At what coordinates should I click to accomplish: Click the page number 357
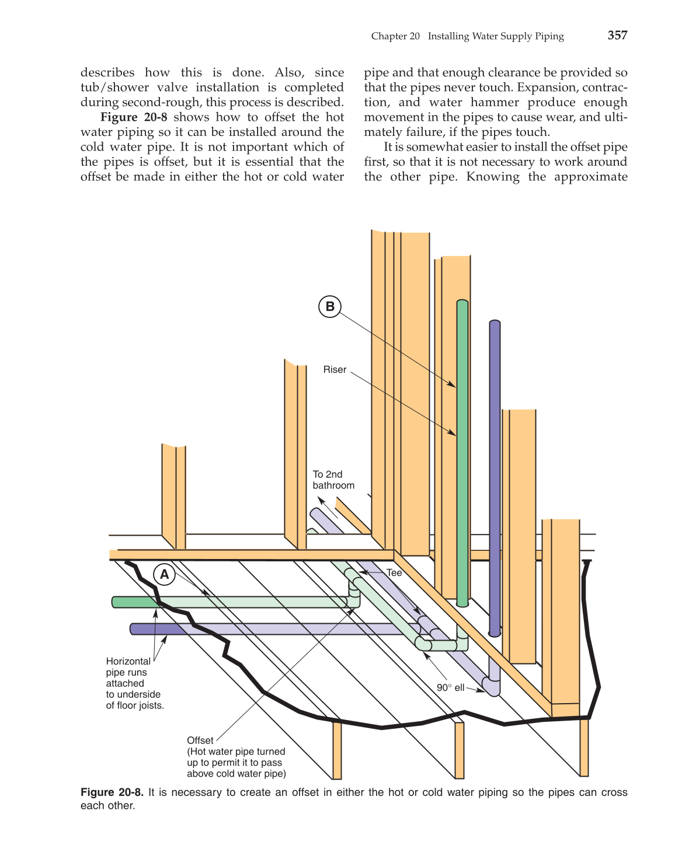point(617,35)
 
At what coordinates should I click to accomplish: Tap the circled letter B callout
point(330,306)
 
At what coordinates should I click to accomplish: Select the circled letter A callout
point(165,575)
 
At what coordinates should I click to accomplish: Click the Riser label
point(335,370)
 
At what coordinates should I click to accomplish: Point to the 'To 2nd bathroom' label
point(333,480)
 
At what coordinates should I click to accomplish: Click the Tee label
point(394,573)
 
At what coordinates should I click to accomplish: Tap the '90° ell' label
point(450,688)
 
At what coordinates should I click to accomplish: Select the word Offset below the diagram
point(200,740)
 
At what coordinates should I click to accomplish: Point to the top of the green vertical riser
point(462,303)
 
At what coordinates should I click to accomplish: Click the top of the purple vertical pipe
point(495,323)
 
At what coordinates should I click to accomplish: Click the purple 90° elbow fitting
point(491,686)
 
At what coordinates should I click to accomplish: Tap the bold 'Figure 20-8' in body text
point(134,117)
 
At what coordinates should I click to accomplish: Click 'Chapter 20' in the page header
point(395,36)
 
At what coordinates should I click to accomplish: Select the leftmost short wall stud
point(173,496)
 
